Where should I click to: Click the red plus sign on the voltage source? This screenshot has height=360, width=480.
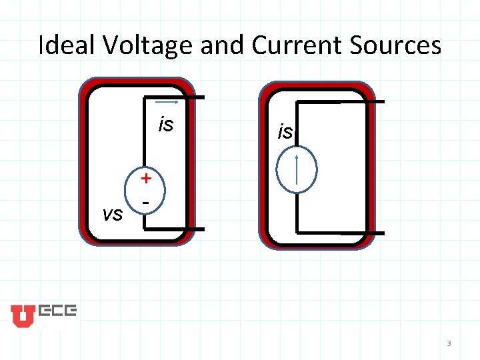146,178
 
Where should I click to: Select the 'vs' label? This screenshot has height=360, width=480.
113,213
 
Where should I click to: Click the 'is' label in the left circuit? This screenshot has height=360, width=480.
165,125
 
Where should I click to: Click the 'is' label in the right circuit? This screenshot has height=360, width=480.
285,132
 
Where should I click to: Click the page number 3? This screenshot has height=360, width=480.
449,343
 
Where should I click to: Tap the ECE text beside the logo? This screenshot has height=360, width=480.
57,311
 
